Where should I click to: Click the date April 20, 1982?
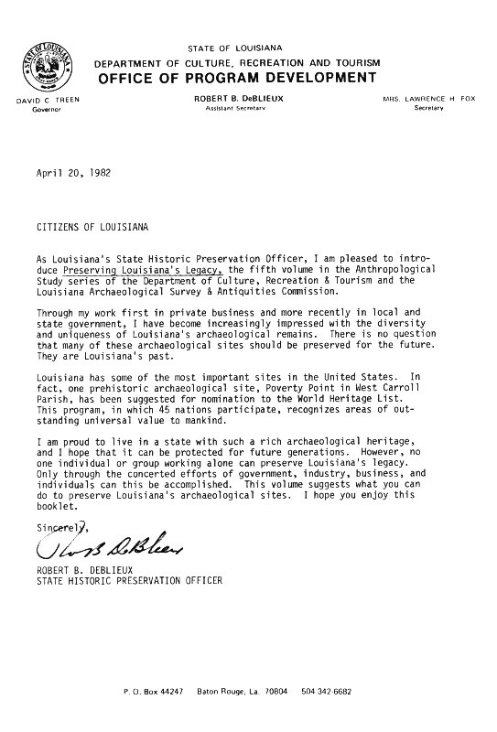tap(68, 171)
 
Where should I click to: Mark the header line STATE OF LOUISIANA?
tap(247, 47)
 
